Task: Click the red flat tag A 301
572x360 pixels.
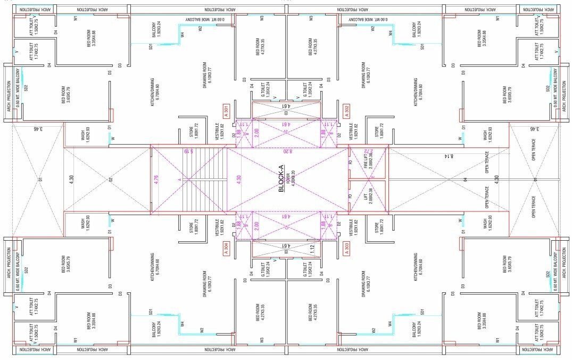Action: tap(226, 112)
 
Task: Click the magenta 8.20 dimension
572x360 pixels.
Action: tap(287, 151)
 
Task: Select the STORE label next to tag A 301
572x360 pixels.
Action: tap(194, 132)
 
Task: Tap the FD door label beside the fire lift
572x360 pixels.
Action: tap(350, 163)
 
